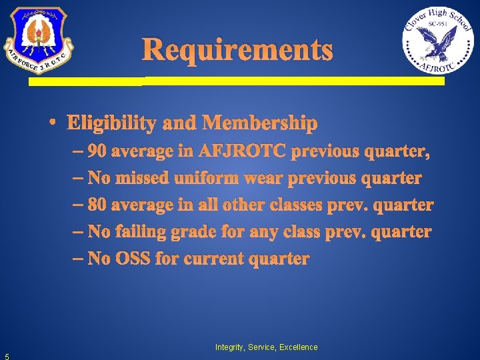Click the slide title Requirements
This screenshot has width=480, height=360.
pyautogui.click(x=237, y=50)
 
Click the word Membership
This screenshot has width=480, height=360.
pyautogui.click(x=260, y=123)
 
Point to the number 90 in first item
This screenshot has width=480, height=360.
pyautogui.click(x=97, y=152)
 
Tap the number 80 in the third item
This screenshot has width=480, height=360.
pyautogui.click(x=97, y=205)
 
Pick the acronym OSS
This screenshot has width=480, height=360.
pyautogui.click(x=133, y=259)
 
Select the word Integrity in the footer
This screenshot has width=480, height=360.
pyautogui.click(x=229, y=347)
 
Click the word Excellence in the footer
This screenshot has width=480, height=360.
pyautogui.click(x=298, y=347)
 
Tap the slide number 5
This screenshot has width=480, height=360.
pyautogui.click(x=5, y=355)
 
